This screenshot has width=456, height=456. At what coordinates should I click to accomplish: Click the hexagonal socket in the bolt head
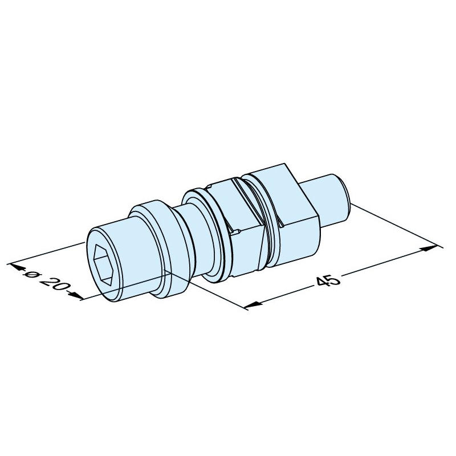coord(103,265)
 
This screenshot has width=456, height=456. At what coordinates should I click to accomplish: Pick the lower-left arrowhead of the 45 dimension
coord(253,304)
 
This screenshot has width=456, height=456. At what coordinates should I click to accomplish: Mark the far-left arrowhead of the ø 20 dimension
coord(16,267)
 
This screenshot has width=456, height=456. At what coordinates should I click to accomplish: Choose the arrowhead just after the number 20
coord(76,295)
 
